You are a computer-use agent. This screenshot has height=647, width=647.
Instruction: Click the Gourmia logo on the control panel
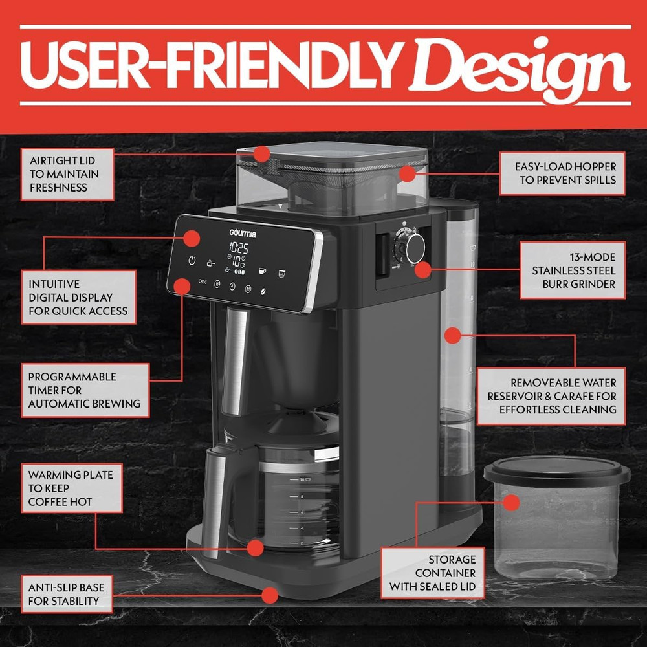coord(243,234)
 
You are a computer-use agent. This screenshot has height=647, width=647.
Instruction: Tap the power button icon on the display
coord(192,261)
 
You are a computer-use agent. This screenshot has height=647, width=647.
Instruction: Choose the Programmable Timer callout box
coord(84,390)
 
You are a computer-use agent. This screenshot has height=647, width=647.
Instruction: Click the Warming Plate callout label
coord(71,488)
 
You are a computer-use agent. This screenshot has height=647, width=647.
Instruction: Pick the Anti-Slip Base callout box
coord(66,594)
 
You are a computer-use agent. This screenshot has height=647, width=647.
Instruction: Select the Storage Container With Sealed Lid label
coord(433,573)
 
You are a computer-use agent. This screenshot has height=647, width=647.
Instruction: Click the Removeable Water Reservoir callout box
coord(551,396)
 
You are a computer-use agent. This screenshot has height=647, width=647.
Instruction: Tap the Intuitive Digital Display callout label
coord(78,297)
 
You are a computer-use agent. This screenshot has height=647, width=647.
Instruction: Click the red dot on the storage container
coord(512,503)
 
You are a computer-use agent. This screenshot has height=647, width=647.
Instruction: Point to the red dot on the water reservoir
coord(452,335)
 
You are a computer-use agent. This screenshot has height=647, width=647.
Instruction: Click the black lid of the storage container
coord(556,471)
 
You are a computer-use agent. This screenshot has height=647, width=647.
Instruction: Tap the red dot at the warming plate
coord(256,548)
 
